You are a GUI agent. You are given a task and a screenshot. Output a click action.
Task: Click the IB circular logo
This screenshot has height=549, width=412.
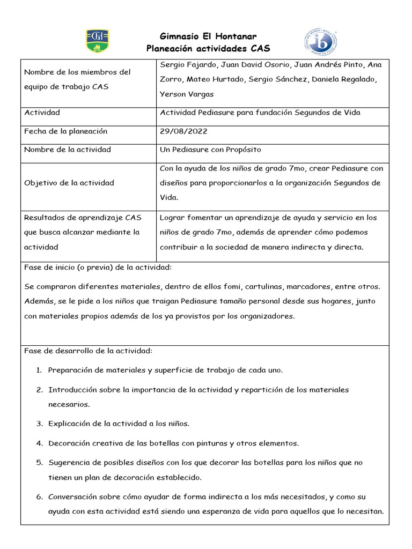[x=321, y=42]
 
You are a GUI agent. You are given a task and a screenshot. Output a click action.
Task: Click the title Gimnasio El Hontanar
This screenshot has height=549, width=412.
[x=208, y=36]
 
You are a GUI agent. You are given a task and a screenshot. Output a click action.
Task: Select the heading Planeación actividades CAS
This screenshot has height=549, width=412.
[x=208, y=49]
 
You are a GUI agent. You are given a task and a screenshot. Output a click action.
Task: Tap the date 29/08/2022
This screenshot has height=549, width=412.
[x=183, y=131]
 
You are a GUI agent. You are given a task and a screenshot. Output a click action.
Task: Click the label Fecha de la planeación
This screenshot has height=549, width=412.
[x=66, y=131]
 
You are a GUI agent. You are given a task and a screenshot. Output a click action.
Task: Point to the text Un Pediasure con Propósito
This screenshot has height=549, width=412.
[x=210, y=150]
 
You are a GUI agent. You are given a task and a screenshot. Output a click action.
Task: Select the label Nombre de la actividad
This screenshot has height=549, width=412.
[x=68, y=150]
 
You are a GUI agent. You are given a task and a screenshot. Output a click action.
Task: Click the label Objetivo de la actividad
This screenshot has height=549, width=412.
[x=69, y=183]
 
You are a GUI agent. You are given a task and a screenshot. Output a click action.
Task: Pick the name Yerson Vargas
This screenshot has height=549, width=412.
[x=187, y=94]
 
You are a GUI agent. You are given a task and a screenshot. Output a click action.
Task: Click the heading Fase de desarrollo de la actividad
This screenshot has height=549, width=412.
[x=89, y=351]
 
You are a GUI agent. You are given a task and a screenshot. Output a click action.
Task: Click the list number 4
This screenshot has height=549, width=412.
[x=39, y=443]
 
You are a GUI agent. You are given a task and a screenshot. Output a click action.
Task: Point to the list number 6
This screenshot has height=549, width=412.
[x=39, y=497]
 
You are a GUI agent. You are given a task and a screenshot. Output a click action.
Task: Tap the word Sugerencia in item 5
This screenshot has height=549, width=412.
[x=69, y=463]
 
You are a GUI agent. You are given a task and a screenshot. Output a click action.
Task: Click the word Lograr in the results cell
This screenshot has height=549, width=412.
[x=172, y=218]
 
